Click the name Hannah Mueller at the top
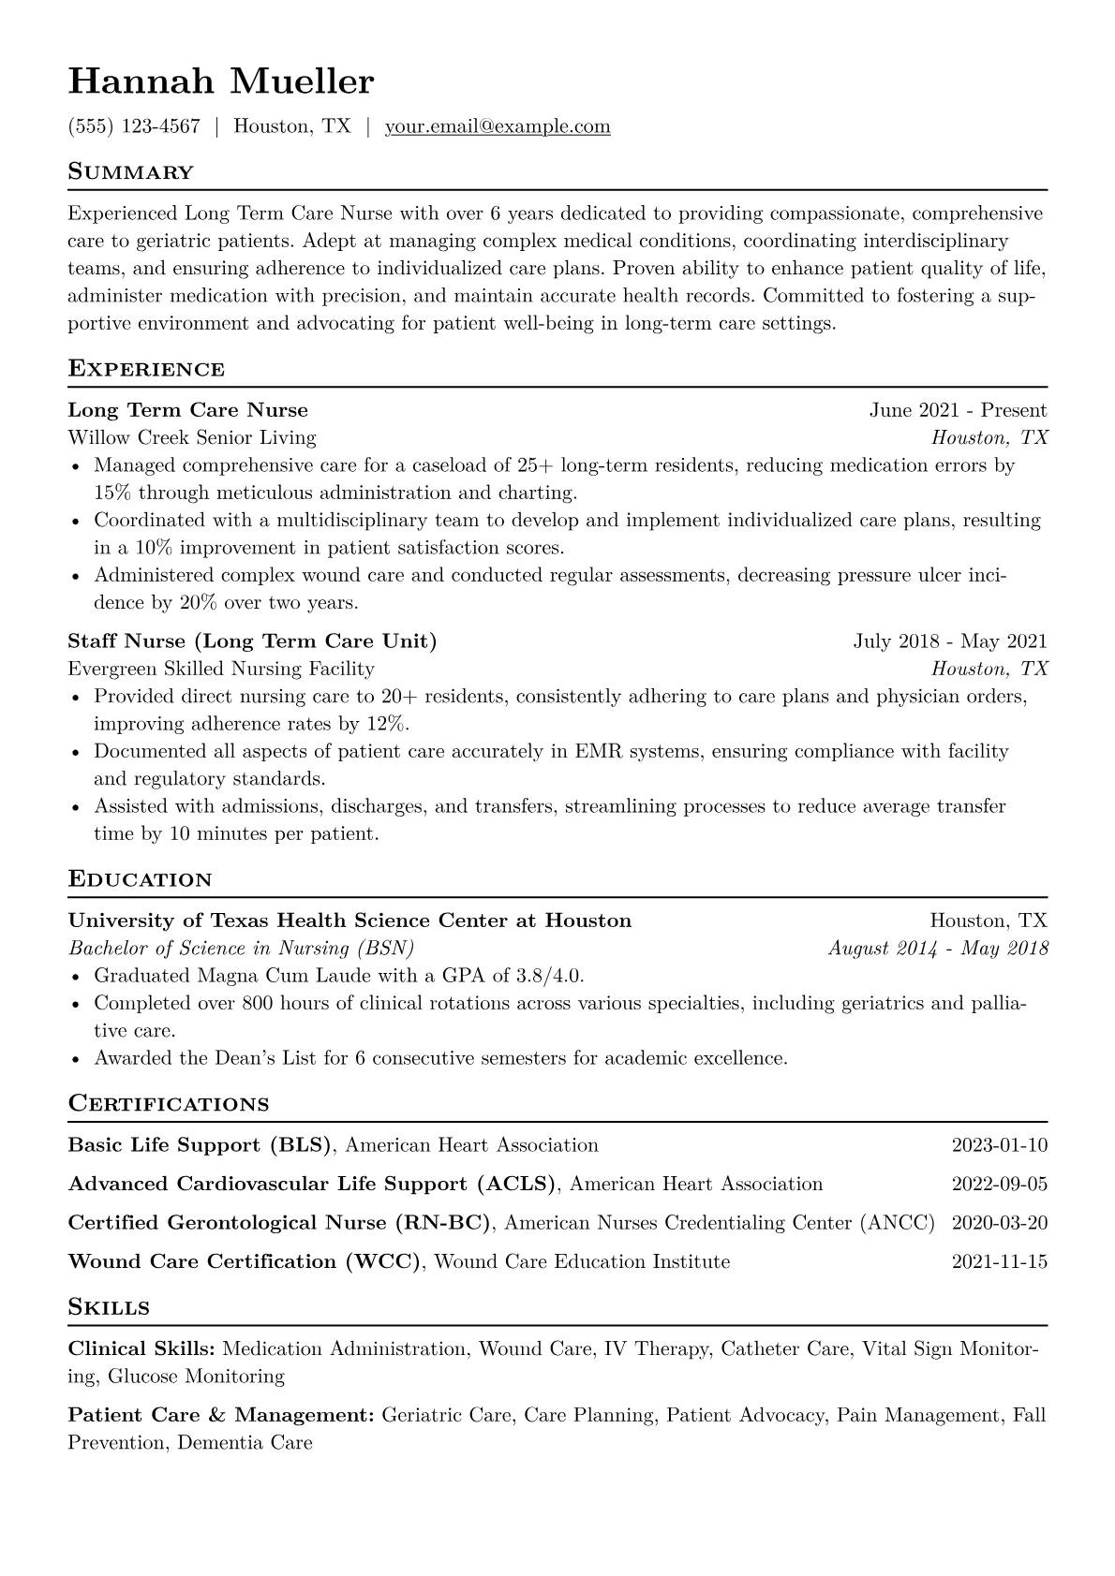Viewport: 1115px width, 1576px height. pos(221,82)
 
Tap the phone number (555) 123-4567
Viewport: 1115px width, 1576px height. pos(134,126)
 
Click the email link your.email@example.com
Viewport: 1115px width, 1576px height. pos(498,126)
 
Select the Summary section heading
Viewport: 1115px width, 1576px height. pos(131,172)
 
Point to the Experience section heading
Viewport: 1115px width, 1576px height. pos(146,369)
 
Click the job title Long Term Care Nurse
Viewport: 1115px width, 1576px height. pos(188,410)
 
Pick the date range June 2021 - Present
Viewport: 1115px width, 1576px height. pos(958,410)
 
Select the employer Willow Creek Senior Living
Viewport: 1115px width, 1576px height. pos(192,437)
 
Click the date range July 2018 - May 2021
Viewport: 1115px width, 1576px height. pos(950,641)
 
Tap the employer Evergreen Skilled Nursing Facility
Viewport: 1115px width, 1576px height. pos(221,669)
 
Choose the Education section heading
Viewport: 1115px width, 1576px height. pos(141,879)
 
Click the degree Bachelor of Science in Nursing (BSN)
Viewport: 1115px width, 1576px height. pos(242,948)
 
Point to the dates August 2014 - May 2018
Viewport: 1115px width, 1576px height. pos(938,948)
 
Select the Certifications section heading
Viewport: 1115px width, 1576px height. pos(169,1103)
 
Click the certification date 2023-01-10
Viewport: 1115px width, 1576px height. pos(999,1145)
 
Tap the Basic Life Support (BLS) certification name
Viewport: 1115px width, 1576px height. pos(201,1145)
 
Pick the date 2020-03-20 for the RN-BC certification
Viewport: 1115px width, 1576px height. pos(999,1223)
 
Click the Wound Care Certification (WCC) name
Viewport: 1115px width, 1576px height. pos(245,1261)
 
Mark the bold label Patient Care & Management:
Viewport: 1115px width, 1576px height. pos(221,1415)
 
